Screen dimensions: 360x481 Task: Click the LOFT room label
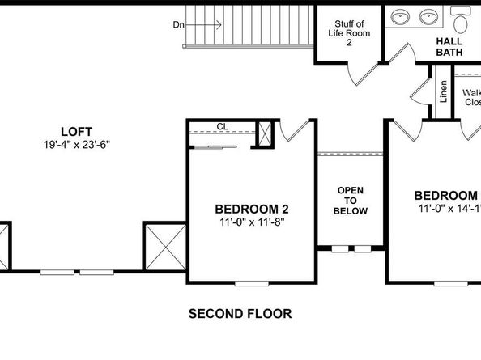click(x=76, y=131)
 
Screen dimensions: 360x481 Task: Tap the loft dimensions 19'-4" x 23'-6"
click(x=76, y=145)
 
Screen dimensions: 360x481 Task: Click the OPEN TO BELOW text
click(x=351, y=201)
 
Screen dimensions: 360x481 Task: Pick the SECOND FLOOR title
click(x=240, y=313)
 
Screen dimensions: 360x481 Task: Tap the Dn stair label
click(x=179, y=25)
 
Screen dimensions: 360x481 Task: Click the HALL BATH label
click(x=449, y=46)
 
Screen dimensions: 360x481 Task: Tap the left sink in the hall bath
click(x=401, y=15)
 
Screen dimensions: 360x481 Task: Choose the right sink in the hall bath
click(x=428, y=15)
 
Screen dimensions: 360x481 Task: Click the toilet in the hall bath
click(x=462, y=15)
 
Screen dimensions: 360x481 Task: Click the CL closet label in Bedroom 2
click(x=222, y=126)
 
